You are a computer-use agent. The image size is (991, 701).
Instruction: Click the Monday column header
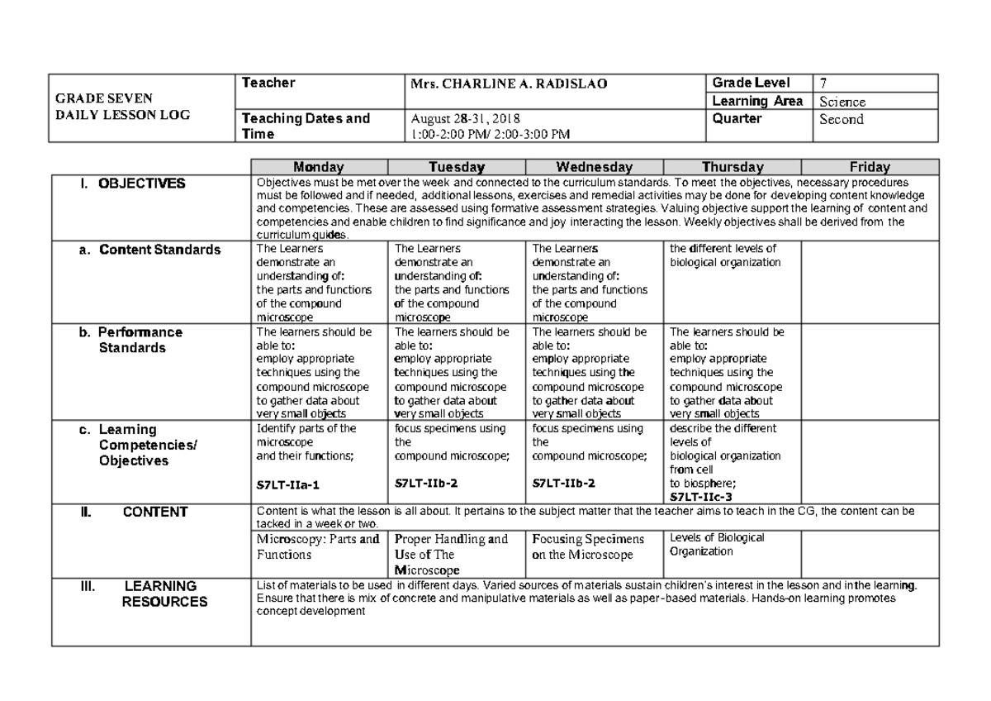319,167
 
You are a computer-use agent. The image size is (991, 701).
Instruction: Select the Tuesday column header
457,167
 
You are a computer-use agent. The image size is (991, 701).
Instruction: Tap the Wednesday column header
595,167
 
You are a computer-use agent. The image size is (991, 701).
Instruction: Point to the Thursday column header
733,167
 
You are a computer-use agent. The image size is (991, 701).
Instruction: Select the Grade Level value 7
823,83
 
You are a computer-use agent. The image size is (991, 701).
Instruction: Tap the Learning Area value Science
842,102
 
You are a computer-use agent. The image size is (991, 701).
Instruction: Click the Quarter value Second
841,119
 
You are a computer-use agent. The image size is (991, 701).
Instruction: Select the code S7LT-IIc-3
701,497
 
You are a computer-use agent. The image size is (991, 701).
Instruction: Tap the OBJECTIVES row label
142,184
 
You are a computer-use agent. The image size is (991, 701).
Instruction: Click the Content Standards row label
160,250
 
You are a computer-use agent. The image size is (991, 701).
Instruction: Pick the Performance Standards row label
140,340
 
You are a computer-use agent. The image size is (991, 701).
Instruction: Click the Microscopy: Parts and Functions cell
319,546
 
